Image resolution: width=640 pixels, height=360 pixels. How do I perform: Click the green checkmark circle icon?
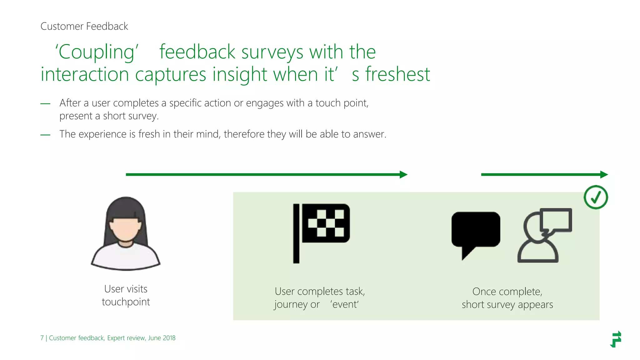click(x=596, y=197)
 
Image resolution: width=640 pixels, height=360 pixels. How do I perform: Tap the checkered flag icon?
click(x=322, y=233)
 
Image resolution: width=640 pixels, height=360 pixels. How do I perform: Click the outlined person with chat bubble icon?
click(x=544, y=235)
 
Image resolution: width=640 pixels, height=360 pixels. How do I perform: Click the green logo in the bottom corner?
click(x=616, y=339)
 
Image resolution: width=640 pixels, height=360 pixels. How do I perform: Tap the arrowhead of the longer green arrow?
click(x=403, y=174)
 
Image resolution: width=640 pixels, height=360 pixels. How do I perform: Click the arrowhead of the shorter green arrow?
click(x=604, y=174)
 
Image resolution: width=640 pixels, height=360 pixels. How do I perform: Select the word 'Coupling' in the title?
click(x=97, y=52)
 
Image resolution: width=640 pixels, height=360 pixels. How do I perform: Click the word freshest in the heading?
click(x=398, y=74)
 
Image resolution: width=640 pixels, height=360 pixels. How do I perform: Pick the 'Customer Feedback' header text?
click(x=84, y=26)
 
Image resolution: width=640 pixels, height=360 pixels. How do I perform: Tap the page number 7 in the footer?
click(x=42, y=338)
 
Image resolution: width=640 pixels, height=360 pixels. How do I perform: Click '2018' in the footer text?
click(x=169, y=338)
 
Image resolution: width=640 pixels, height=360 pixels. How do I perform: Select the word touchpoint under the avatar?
click(x=126, y=302)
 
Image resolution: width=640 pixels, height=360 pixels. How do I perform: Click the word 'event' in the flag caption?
click(x=345, y=304)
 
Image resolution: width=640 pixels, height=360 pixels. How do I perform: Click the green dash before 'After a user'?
click(x=45, y=104)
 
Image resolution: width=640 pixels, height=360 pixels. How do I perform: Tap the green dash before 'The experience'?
click(x=45, y=135)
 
